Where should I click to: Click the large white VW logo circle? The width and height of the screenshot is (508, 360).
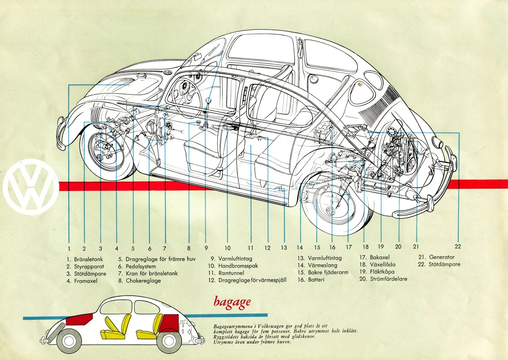tap(31, 187)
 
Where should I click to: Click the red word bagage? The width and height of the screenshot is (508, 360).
tap(232, 302)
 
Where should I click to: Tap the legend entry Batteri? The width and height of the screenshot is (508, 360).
tap(316, 280)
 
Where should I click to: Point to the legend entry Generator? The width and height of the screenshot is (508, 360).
tap(441, 257)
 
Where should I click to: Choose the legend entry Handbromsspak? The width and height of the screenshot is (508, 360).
tap(238, 266)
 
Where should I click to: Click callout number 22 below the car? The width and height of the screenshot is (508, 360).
tap(457, 246)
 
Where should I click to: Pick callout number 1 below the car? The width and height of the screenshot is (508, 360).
tap(69, 249)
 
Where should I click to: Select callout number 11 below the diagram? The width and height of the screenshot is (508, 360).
tap(251, 248)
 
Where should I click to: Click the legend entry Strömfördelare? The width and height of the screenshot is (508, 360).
tap(388, 279)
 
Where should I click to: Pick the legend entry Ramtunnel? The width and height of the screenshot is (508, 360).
tap(231, 273)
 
